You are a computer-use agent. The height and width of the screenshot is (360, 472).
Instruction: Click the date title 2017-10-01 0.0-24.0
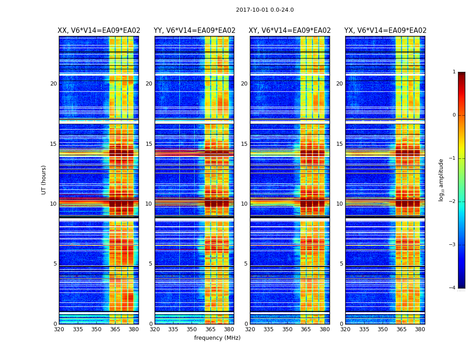(265, 10)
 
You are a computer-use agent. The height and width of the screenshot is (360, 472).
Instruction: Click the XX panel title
(99, 31)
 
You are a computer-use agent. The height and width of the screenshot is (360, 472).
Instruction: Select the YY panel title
(194, 31)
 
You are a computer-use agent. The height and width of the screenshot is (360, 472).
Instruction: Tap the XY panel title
(289, 31)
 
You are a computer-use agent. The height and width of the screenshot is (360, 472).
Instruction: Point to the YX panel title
(385, 31)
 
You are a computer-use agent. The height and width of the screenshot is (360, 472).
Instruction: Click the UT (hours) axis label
(44, 180)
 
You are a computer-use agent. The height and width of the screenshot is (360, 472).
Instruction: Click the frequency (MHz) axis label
(217, 338)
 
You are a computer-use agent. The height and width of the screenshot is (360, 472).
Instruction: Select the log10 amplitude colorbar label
(441, 180)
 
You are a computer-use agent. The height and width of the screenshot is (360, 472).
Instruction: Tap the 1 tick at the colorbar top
(454, 72)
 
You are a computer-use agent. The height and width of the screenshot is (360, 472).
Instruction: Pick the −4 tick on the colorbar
(453, 288)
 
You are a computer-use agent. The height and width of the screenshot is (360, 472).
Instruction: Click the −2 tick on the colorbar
(453, 202)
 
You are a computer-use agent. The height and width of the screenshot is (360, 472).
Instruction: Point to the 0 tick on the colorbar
(454, 115)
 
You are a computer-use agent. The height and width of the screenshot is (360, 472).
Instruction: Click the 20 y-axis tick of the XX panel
(53, 84)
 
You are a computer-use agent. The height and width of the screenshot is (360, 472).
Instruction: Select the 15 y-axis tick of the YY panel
(149, 144)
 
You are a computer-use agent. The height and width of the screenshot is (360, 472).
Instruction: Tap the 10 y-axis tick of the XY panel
(244, 204)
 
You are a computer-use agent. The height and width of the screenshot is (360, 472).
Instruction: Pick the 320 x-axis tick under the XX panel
(59, 329)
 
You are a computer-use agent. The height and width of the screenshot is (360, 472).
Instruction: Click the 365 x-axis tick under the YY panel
(210, 329)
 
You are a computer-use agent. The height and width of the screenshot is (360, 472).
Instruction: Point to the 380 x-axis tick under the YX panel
(420, 329)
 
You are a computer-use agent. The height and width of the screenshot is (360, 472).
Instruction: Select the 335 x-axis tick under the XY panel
(268, 329)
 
